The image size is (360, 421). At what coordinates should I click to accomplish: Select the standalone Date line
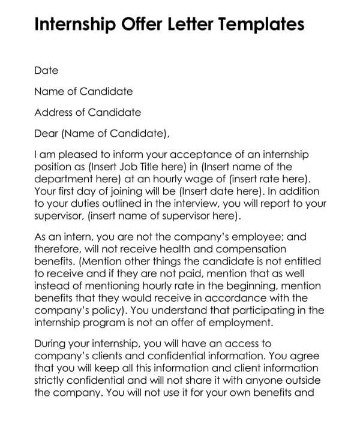pyautogui.click(x=46, y=71)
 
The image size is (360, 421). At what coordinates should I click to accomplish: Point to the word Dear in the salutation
pyautogui.click(x=46, y=133)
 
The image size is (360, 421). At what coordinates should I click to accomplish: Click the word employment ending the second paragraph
pyautogui.click(x=242, y=323)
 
